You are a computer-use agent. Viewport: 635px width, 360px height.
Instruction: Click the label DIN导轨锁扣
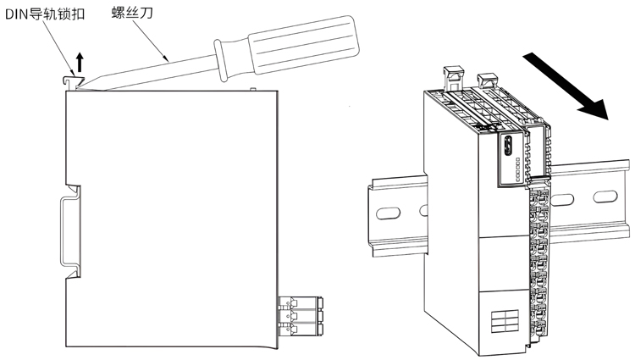click(x=45, y=14)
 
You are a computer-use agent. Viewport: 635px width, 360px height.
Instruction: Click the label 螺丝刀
click(x=132, y=13)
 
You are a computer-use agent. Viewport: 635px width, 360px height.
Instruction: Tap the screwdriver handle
click(x=303, y=45)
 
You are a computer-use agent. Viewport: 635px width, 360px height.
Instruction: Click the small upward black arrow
click(x=80, y=62)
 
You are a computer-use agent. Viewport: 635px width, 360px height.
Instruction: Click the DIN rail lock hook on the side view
click(x=72, y=82)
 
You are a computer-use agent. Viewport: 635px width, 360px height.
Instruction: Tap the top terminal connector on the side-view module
click(x=301, y=302)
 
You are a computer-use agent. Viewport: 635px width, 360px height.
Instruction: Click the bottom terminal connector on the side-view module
click(x=301, y=329)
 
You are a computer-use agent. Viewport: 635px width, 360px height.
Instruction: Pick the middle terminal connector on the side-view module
click(x=301, y=316)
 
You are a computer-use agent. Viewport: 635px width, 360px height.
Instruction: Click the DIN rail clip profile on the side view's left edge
click(x=71, y=232)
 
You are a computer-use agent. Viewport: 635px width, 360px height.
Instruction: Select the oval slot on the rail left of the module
click(x=388, y=213)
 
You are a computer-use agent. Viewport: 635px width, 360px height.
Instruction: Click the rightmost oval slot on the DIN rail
click(x=605, y=197)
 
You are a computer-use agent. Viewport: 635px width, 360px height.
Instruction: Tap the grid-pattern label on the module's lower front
click(x=505, y=321)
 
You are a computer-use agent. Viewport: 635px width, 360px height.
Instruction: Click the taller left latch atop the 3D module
click(x=454, y=79)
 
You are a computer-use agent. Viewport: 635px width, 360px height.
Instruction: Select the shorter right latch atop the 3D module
click(x=489, y=80)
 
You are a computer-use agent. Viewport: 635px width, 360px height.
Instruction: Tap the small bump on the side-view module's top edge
click(x=253, y=89)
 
